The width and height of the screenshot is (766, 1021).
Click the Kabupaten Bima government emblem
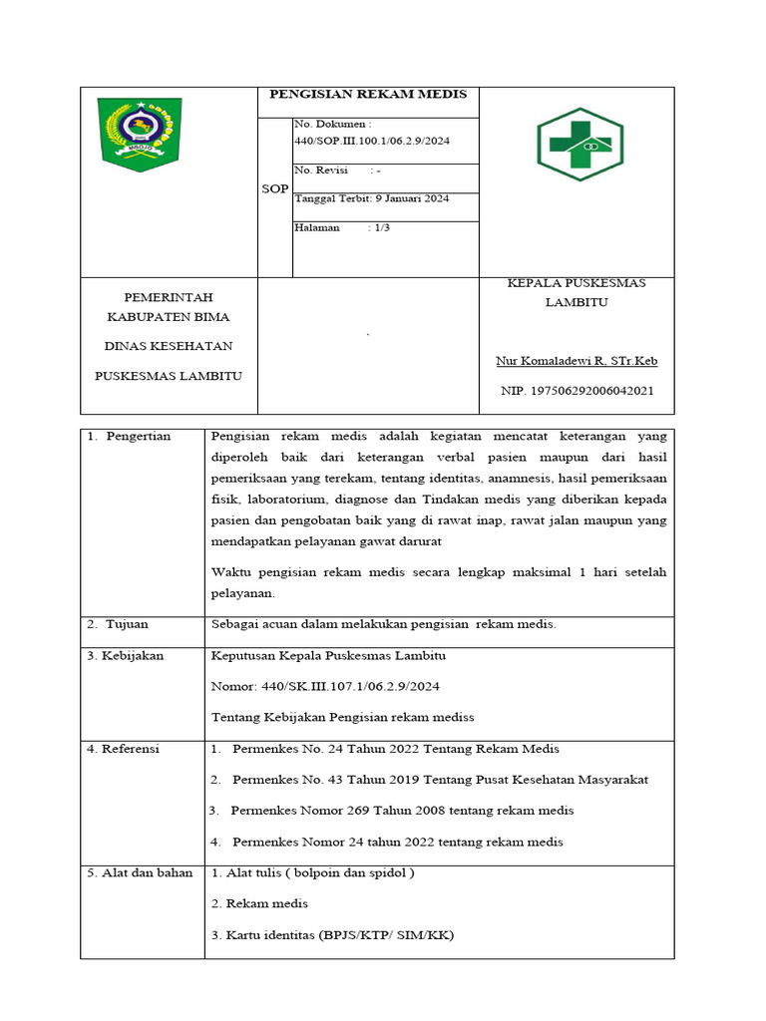pos(139,133)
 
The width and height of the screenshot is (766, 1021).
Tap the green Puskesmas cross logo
pos(579,146)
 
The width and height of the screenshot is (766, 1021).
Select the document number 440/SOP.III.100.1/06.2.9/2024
pos(372,141)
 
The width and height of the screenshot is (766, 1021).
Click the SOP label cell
pos(275,188)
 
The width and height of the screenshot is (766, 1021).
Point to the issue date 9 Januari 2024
pos(410,198)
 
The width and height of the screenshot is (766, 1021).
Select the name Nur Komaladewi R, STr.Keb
pos(576,361)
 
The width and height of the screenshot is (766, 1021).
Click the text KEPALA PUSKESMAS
pos(576,283)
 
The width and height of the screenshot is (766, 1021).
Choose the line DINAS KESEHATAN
pos(168,346)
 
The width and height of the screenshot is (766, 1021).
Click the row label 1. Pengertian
pos(129,436)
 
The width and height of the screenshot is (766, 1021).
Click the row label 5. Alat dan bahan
pos(140,872)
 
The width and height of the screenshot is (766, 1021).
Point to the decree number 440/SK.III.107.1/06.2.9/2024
pos(326,686)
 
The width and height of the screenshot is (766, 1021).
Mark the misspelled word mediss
pos(453,717)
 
